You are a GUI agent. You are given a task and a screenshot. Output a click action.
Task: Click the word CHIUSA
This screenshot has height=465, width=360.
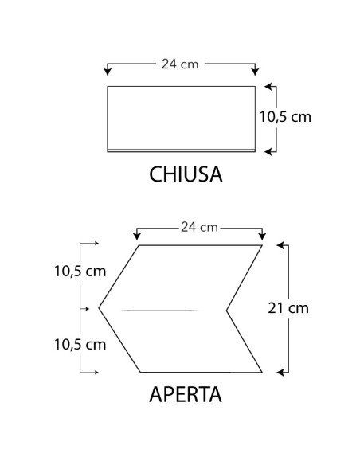pos(185,174)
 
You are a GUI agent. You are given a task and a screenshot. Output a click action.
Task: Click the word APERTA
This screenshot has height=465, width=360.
pos(185,394)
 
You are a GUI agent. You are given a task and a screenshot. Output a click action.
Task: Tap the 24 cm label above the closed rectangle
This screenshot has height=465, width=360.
pos(180,61)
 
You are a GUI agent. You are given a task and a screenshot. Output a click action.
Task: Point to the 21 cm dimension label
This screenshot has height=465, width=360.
pos(288,307)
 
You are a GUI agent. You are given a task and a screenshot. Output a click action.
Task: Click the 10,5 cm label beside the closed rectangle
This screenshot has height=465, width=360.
pos(285,116)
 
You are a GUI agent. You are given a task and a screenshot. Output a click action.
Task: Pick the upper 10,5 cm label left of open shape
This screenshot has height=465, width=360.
pos(80,271)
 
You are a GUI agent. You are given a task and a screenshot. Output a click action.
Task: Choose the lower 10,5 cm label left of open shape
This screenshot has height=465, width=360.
pos(80,344)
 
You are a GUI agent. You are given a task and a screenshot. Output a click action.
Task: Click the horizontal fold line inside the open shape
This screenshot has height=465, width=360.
pos(159,309)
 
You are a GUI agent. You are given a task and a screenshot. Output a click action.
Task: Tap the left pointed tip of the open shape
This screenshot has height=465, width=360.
pos(99,307)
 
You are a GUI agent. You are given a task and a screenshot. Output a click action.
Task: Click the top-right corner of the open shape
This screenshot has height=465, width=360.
pos(262,245)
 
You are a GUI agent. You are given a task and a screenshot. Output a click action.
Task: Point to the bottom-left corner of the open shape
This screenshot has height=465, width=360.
pos(140,372)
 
